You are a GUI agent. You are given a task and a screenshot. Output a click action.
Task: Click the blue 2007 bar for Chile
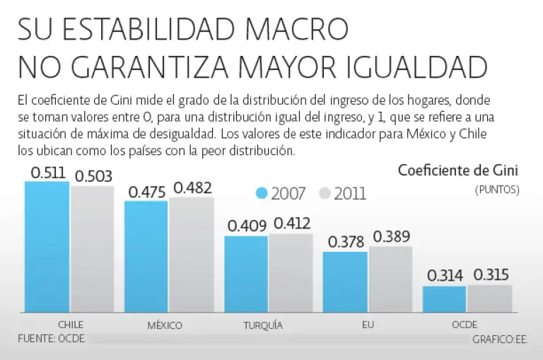pos(47,248)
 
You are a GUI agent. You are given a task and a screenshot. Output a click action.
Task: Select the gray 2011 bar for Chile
pos(91,250)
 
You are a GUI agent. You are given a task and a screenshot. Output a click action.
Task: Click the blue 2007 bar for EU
pos(345,282)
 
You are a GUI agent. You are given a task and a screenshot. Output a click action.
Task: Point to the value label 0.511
pos(48,173)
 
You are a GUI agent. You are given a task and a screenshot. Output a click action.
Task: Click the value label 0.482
pos(192,187)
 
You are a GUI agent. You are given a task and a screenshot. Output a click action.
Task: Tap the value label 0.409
pos(247,226)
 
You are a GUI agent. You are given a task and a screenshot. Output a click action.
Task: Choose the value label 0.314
pos(446,275)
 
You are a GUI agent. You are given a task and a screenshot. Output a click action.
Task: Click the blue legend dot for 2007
pos(262,193)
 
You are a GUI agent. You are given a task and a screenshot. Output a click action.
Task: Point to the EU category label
pos(367,325)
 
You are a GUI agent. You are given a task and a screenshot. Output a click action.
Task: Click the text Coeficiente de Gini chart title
pos(458,170)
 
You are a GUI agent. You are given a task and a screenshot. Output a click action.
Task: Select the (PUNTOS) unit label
pos(498,189)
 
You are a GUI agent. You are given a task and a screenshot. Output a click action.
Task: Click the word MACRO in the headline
pos(298,30)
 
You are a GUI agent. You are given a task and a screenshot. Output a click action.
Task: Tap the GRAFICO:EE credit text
pos(500,339)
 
